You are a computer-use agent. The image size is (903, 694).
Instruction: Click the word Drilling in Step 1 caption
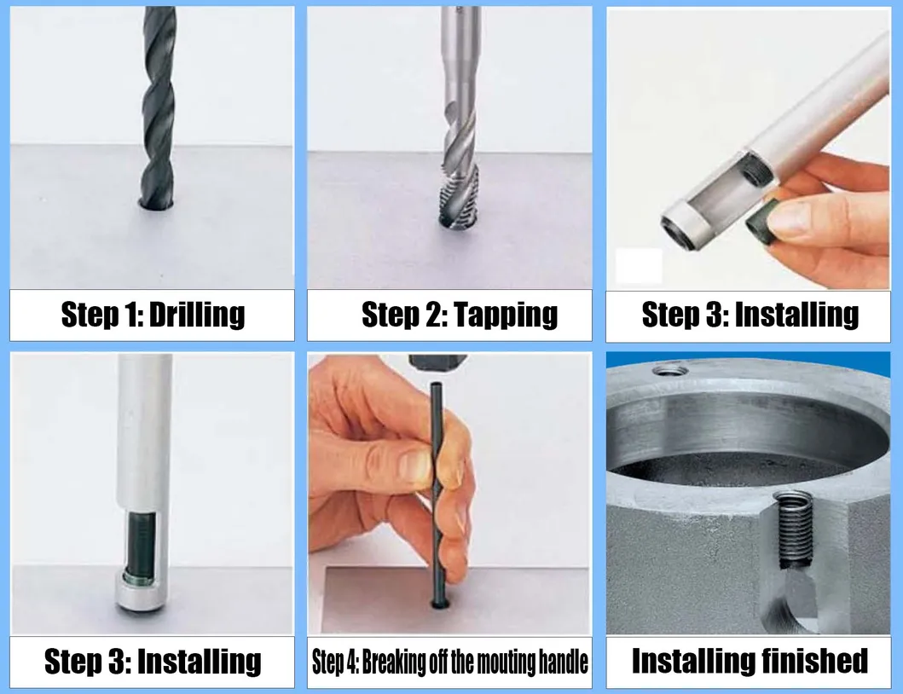(x=196, y=315)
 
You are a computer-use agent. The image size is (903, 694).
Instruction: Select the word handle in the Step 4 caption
(x=561, y=662)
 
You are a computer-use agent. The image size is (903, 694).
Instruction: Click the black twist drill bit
(x=159, y=102)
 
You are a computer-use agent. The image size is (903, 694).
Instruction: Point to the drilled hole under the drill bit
(x=158, y=204)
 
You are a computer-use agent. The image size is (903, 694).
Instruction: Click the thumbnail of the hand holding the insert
(x=791, y=217)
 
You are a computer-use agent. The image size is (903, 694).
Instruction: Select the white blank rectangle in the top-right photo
(x=639, y=266)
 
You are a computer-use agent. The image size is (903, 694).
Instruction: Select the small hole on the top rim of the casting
(x=670, y=370)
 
